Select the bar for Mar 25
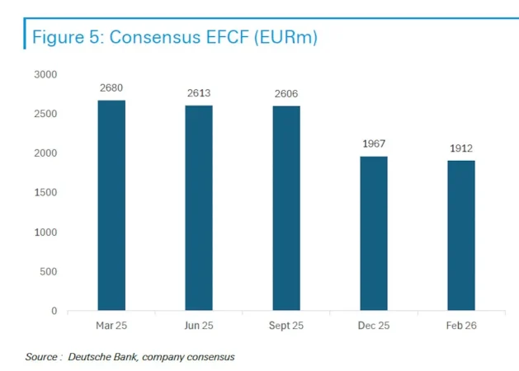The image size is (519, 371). click(111, 206)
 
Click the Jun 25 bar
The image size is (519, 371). click(199, 209)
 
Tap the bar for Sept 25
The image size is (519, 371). click(286, 209)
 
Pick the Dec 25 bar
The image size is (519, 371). click(374, 234)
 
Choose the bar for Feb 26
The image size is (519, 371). click(461, 236)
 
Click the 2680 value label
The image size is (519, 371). click(111, 88)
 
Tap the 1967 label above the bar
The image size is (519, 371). click(374, 144)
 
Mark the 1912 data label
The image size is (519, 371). click(461, 148)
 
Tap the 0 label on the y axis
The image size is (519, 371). click(54, 312)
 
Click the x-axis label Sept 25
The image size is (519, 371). click(286, 326)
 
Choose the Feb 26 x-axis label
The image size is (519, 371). click(461, 326)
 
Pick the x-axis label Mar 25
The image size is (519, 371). click(111, 326)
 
